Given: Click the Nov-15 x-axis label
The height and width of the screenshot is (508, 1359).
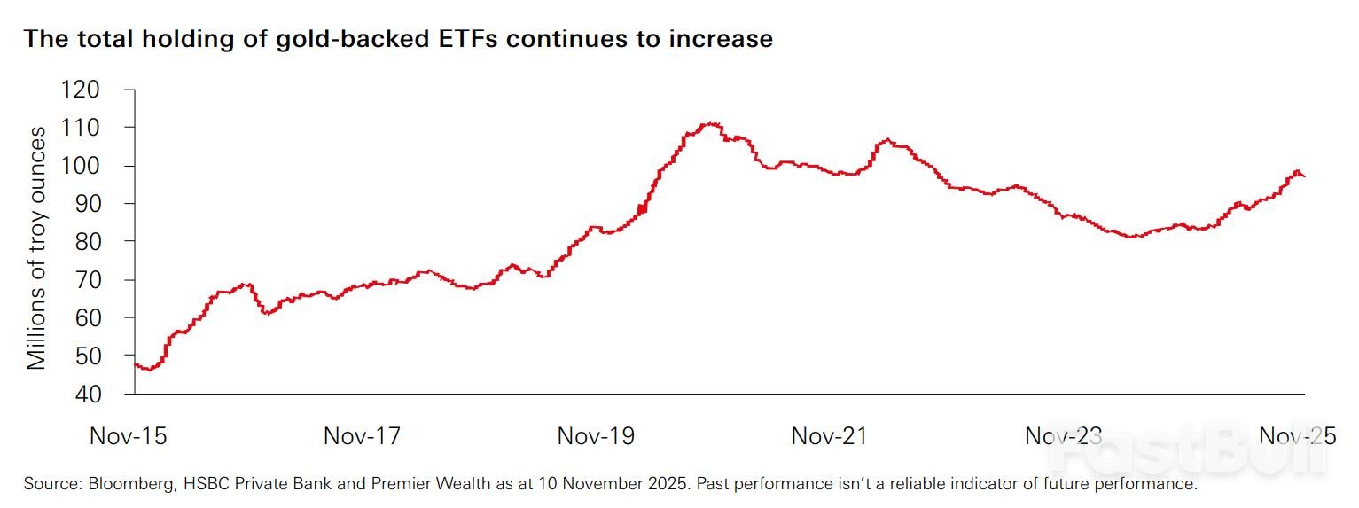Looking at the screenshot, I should pyautogui.click(x=129, y=436).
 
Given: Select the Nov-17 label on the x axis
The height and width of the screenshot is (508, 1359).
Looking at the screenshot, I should pyautogui.click(x=362, y=436).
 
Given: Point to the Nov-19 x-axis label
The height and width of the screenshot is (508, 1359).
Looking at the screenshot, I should pyautogui.click(x=596, y=436).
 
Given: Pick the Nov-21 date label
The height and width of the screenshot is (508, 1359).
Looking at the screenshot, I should pyautogui.click(x=830, y=436).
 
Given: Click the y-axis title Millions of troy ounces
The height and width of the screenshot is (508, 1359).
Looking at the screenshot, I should pyautogui.click(x=36, y=248).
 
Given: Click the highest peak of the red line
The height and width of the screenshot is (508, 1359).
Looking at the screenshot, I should pyautogui.click(x=712, y=123).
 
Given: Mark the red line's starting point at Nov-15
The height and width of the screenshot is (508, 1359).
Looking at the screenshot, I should pyautogui.click(x=135, y=363).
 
